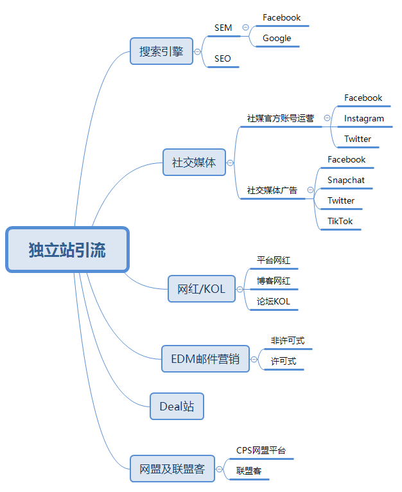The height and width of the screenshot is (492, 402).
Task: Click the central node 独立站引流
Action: [67, 249]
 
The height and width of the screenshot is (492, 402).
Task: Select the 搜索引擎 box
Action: [161, 51]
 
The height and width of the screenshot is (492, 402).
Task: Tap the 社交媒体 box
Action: [194, 162]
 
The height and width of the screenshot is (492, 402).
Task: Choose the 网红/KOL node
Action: [201, 289]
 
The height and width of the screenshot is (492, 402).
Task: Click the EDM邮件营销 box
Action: [205, 358]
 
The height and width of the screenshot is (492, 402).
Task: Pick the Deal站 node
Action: [177, 406]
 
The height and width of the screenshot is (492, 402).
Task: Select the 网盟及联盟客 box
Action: [171, 469]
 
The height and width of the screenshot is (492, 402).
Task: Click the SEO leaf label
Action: [223, 58]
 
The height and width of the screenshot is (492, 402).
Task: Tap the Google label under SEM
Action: [277, 38]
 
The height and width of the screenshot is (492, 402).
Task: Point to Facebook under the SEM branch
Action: [281, 17]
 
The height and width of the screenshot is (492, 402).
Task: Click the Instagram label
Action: [363, 118]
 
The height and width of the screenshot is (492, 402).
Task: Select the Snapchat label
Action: [345, 180]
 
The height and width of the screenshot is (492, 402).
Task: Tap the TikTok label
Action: [340, 221]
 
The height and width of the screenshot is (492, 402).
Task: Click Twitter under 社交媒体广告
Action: [340, 200]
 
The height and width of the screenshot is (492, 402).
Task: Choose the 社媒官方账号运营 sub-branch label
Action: [281, 118]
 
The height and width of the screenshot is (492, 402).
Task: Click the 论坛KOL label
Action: [274, 301]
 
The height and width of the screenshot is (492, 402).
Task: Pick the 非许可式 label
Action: [287, 340]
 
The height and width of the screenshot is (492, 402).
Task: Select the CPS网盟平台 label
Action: [261, 450]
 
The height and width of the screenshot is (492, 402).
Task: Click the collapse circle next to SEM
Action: [245, 28]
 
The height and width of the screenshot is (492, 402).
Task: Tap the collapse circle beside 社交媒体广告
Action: [310, 190]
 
